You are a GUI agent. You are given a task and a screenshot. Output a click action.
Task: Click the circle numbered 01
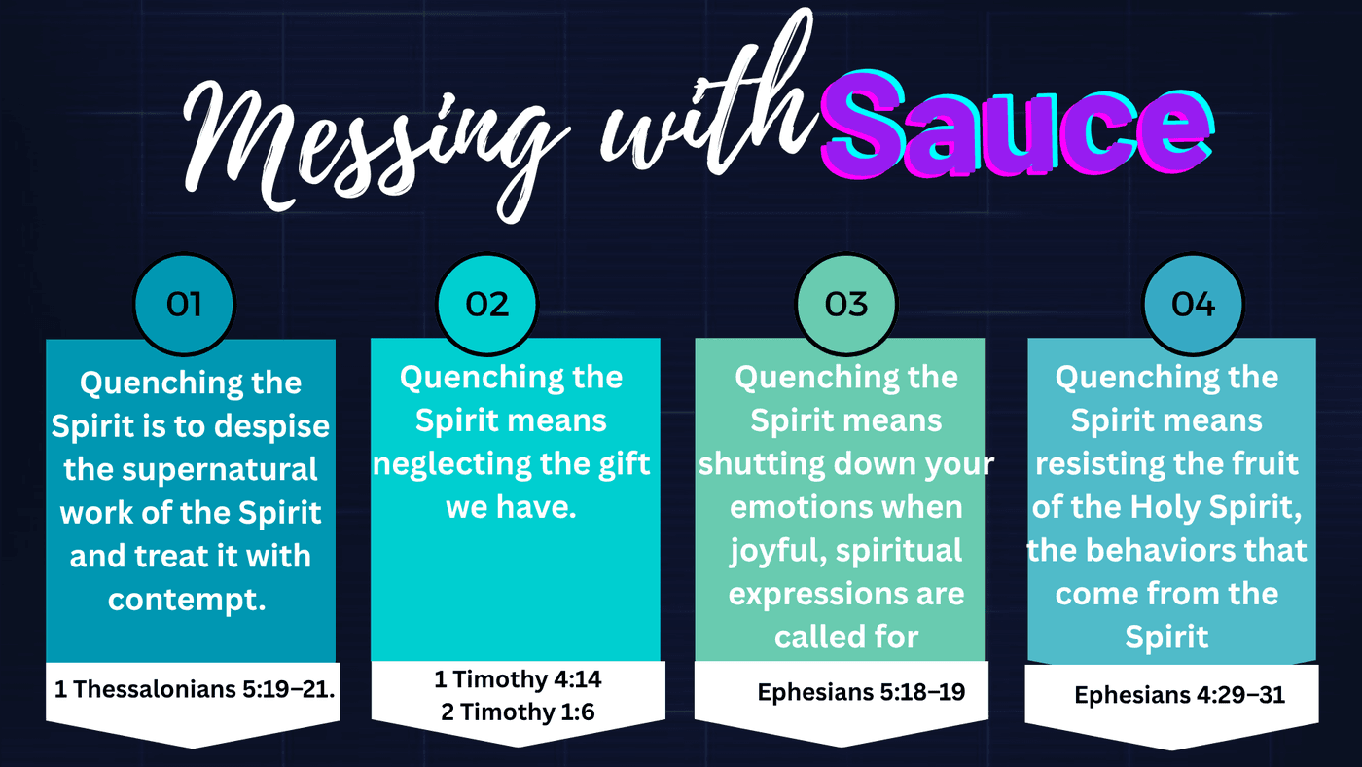[x=184, y=304]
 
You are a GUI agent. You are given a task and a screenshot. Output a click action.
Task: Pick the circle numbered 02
[x=487, y=304]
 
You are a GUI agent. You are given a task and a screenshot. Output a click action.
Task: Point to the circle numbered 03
[x=846, y=304]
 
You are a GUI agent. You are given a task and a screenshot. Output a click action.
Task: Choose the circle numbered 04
[x=1193, y=304]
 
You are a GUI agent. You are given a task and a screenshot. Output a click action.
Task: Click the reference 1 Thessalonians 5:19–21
[x=195, y=689]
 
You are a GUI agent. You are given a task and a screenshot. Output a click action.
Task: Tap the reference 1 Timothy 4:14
[x=518, y=679]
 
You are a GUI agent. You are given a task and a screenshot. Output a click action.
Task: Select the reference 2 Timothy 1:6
[x=518, y=712]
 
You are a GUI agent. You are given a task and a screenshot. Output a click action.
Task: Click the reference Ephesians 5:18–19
[x=861, y=692]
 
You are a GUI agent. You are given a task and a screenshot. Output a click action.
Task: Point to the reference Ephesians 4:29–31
[x=1179, y=695]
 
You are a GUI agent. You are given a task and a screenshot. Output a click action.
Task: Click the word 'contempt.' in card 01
[x=187, y=601]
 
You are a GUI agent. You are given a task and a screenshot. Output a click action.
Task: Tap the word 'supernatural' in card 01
[x=220, y=470]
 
